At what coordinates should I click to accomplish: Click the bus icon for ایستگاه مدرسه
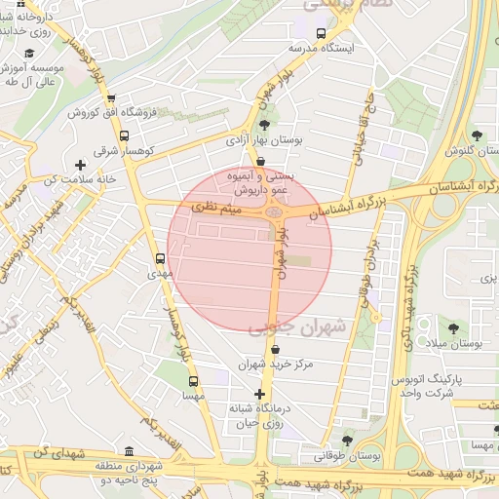[295, 47]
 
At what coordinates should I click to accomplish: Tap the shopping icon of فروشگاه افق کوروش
[111, 97]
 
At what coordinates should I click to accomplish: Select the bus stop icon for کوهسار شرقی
[124, 134]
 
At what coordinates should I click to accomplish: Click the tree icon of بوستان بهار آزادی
[264, 124]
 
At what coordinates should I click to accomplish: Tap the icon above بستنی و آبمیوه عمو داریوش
[259, 162]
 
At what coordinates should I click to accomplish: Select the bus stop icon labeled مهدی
[160, 258]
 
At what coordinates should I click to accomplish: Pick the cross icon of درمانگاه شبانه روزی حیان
[259, 394]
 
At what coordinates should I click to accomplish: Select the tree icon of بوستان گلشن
[477, 135]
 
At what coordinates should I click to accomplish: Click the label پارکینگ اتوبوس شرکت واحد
[430, 384]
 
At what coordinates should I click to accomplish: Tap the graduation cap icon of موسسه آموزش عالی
[29, 53]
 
